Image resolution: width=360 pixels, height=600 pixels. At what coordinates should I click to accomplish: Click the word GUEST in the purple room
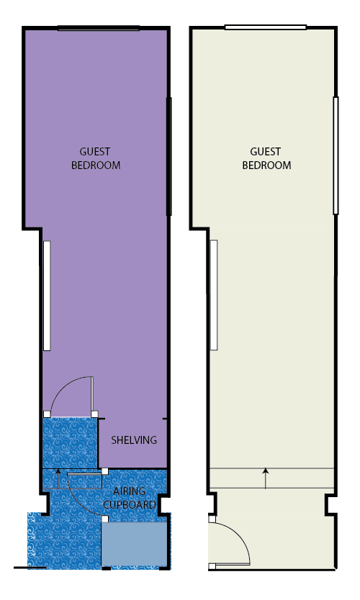[x=95, y=152]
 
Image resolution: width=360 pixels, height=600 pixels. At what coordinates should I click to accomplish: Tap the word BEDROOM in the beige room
[x=266, y=165]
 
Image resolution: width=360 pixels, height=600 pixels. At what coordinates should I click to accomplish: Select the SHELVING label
[x=134, y=440]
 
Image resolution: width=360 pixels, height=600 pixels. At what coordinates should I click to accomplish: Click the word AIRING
[x=130, y=491]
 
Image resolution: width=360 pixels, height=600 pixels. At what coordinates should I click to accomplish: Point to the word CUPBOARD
[x=130, y=505]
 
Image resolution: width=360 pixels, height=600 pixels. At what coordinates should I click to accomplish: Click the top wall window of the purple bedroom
[x=99, y=28]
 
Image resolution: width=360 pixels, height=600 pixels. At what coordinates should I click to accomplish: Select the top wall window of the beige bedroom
[x=266, y=27]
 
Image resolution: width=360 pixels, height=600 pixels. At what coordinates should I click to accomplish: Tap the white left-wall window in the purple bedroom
[x=47, y=296]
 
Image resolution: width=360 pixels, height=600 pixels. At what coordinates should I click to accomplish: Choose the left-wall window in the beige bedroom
[x=214, y=295]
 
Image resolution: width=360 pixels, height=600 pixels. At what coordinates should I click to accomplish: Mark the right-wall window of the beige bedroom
[x=336, y=155]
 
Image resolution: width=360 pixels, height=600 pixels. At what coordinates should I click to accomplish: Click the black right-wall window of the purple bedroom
[x=169, y=156]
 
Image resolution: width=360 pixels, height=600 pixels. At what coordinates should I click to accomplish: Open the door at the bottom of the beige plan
[x=229, y=544]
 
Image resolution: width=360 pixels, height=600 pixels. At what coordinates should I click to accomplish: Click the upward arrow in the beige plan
[x=266, y=478]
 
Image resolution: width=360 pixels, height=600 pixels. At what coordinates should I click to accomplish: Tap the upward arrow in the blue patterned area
[x=58, y=478]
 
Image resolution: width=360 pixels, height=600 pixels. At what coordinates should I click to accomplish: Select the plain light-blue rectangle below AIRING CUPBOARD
[x=134, y=544]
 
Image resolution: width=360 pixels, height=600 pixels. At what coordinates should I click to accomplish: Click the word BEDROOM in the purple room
[x=96, y=165]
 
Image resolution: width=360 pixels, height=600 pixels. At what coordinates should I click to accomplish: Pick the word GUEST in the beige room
[x=266, y=152]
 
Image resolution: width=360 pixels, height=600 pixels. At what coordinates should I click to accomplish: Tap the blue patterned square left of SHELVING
[x=70, y=442]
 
